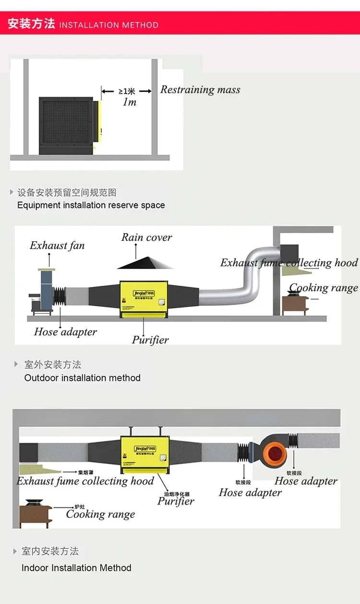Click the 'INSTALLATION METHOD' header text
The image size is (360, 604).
[108, 25]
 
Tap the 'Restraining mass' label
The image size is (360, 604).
[200, 90]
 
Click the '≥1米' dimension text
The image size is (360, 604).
[127, 91]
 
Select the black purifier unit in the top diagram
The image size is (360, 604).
[66, 126]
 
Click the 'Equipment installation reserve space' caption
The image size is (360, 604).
[91, 205]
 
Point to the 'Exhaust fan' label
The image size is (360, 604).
[57, 246]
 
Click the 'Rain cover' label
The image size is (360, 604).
[146, 237]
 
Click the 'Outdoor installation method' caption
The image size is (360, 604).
[82, 378]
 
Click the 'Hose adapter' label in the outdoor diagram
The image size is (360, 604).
[65, 332]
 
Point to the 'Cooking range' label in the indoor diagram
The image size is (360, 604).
[100, 514]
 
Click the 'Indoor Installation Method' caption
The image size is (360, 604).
[76, 568]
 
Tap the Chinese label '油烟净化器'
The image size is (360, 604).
[177, 494]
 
